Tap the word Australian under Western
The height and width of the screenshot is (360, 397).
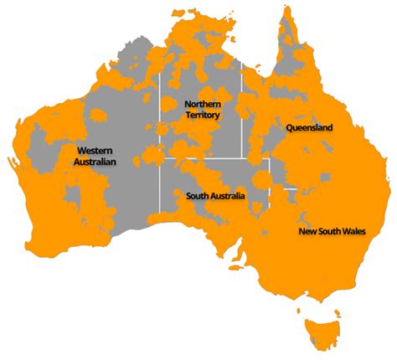95,162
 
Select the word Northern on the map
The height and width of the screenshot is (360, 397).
203,104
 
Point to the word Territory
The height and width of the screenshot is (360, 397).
203,115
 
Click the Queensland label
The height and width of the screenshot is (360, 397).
309,128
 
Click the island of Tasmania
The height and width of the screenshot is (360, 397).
322,332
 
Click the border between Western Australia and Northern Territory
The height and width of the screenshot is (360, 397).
161,117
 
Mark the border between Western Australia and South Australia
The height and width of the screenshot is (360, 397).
161,188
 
